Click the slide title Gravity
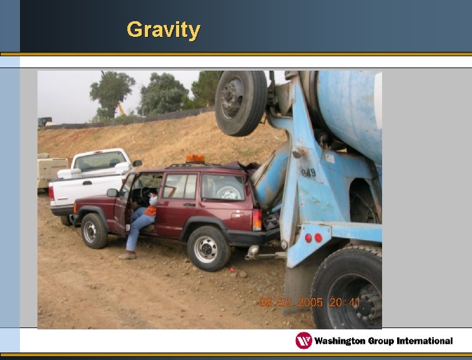(163, 29)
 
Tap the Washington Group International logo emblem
(303, 341)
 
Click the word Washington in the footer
(346, 341)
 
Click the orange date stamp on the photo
(310, 302)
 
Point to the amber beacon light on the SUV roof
(195, 159)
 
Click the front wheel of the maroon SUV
(94, 231)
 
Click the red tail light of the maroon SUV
(257, 219)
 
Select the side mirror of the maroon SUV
(112, 193)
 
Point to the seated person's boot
(127, 255)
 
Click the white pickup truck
(91, 178)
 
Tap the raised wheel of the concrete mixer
(241, 102)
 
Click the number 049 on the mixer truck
(308, 171)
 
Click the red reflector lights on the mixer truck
(313, 237)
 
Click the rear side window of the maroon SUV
(222, 187)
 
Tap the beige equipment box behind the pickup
(52, 171)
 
